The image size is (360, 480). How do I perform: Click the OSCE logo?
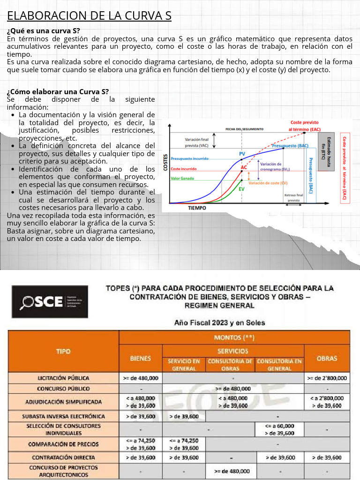49,302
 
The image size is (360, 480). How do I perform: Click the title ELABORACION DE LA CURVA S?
89,16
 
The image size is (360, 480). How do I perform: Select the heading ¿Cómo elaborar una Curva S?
58,91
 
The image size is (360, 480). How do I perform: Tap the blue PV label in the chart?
242,154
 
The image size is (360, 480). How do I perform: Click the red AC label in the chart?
244,167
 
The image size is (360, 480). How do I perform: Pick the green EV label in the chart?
241,189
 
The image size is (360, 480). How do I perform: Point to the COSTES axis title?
165,162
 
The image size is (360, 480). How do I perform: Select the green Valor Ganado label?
183,178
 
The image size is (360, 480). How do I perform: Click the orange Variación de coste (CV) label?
268,183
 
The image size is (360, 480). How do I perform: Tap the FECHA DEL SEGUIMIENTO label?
244,129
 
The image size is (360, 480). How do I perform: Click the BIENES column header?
141,358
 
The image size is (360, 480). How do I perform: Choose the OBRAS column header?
327,358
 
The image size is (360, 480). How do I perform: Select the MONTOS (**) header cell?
234,337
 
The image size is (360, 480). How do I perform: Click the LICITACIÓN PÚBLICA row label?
63,378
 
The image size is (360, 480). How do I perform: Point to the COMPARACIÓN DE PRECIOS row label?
63,444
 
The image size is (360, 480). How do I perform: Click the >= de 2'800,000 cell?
327,378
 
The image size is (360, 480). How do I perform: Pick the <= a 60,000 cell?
279,426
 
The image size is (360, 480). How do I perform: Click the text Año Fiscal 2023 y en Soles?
219,322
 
